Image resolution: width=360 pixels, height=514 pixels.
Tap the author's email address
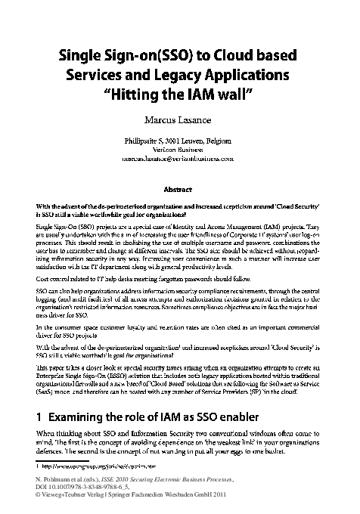[179, 160]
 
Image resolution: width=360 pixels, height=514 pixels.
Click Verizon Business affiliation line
[178, 150]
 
